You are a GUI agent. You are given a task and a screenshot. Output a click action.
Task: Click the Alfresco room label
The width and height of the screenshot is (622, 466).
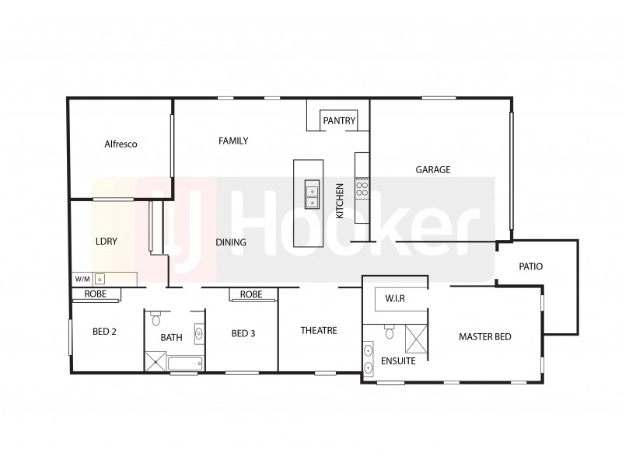tap(121, 144)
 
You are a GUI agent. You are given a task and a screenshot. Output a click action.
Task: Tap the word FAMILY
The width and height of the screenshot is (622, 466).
tap(233, 141)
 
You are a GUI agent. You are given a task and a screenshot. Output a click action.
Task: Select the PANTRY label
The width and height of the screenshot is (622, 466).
tap(339, 120)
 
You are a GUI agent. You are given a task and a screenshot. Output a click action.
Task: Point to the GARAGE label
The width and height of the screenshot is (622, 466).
tap(433, 169)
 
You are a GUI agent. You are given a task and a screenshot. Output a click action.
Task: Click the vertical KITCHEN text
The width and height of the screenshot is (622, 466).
tap(340, 200)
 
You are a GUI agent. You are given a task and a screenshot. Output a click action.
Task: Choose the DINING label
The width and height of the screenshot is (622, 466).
tap(230, 242)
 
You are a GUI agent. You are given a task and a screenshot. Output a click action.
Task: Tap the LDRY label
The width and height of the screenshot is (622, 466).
tap(106, 241)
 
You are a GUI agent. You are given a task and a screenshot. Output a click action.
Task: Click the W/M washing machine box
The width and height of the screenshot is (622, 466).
tap(82, 278)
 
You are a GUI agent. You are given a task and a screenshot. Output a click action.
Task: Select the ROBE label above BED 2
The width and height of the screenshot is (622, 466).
tap(96, 294)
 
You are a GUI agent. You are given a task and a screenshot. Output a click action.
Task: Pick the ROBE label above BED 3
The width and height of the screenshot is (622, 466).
tap(251, 294)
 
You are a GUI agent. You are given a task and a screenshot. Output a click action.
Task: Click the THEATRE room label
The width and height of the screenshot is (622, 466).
tap(319, 330)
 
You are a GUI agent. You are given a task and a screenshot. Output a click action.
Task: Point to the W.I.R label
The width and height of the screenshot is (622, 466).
tap(394, 298)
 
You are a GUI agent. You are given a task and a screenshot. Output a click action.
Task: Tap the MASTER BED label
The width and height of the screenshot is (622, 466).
tap(485, 336)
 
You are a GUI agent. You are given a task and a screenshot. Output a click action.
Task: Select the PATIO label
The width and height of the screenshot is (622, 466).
tap(530, 266)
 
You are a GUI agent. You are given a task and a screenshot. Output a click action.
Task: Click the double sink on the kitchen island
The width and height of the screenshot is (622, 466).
tap(311, 194)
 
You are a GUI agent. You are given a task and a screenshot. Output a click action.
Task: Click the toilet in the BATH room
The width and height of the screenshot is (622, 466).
tap(156, 319)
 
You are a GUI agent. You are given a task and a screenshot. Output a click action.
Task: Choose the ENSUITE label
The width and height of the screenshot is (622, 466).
tap(397, 361)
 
